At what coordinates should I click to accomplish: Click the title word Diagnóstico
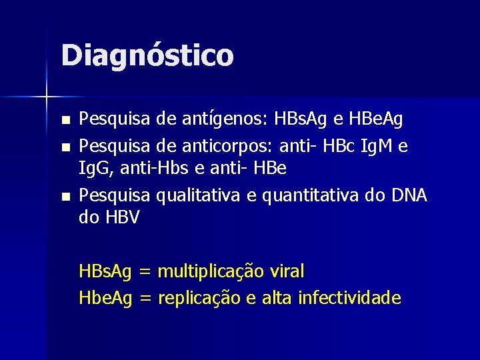point(147,55)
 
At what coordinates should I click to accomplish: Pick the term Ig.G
point(97,169)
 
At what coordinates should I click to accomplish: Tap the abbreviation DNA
point(407,195)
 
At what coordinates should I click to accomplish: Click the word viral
point(287,272)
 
